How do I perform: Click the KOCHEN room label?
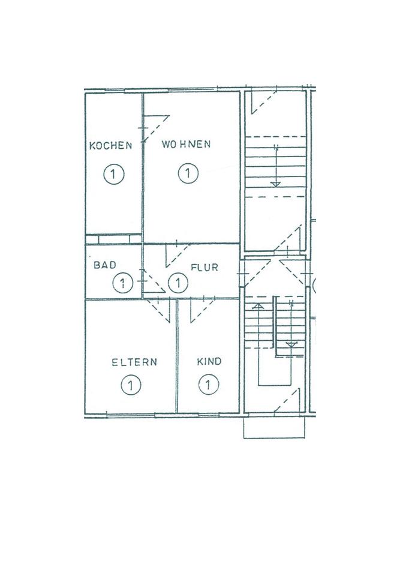pyautogui.click(x=110, y=145)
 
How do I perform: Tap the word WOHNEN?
pyautogui.click(x=186, y=145)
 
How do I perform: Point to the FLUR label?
pyautogui.click(x=204, y=268)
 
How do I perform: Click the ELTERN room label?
pyautogui.click(x=134, y=362)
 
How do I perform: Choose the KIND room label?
pyautogui.click(x=209, y=361)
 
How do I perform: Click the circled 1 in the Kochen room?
pyautogui.click(x=113, y=175)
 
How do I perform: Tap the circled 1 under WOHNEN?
pyautogui.click(x=188, y=174)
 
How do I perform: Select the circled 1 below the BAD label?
pyautogui.click(x=122, y=282)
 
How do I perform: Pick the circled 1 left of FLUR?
pyautogui.click(x=178, y=281)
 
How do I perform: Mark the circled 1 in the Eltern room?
pyautogui.click(x=131, y=384)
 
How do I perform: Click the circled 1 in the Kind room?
pyautogui.click(x=207, y=384)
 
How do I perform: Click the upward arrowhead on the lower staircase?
pyautogui.click(x=258, y=307)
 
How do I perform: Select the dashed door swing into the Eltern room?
pyautogui.click(x=161, y=310)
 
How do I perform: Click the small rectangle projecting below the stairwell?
pyautogui.click(x=274, y=428)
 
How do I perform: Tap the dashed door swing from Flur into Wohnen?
pyautogui.click(x=176, y=256)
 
